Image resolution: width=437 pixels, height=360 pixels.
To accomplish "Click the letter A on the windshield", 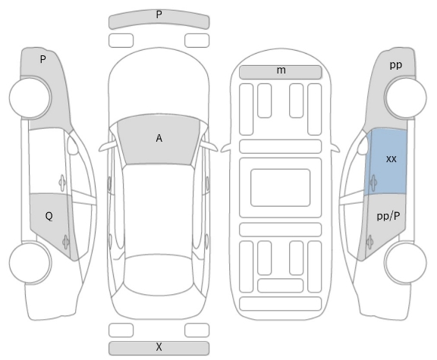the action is pyautogui.click(x=159, y=138).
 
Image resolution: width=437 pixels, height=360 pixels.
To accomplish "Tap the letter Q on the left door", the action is pyautogui.click(x=49, y=216).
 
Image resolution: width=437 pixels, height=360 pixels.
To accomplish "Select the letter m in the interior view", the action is pyautogui.click(x=281, y=70).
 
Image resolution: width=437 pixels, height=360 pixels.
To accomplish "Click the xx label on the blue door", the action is pyautogui.click(x=391, y=159).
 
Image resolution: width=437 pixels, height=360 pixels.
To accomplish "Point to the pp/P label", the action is pyautogui.click(x=388, y=216).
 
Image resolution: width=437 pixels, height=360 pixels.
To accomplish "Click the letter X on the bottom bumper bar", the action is pyautogui.click(x=159, y=347).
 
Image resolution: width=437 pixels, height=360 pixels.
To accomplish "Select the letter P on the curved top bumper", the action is pyautogui.click(x=159, y=14).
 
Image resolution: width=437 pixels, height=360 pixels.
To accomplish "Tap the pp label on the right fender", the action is pyautogui.click(x=396, y=65).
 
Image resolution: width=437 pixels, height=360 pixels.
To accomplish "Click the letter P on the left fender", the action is pyautogui.click(x=42, y=59).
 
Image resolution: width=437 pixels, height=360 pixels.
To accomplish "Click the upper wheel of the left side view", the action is pyautogui.click(x=30, y=98).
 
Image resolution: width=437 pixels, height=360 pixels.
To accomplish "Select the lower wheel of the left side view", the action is pyautogui.click(x=30, y=262).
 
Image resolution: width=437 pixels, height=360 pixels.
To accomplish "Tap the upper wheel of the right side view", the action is pyautogui.click(x=405, y=98).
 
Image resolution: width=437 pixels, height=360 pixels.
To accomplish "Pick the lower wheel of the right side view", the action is pyautogui.click(x=405, y=262).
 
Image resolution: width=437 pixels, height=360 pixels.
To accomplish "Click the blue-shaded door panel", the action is pyautogui.click(x=386, y=161).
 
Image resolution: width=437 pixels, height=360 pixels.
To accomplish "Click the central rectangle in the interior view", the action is pyautogui.click(x=281, y=188).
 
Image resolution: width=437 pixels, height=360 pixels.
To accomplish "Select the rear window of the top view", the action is pyautogui.click(x=159, y=274).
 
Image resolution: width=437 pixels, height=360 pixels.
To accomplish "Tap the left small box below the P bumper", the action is pyautogui.click(x=121, y=40).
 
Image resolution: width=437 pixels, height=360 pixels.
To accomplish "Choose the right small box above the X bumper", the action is pyautogui.click(x=196, y=330).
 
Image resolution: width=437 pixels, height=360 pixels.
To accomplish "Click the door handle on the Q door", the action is pyautogui.click(x=66, y=242).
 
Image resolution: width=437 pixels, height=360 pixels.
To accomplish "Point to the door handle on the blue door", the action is pyautogui.click(x=373, y=183).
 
